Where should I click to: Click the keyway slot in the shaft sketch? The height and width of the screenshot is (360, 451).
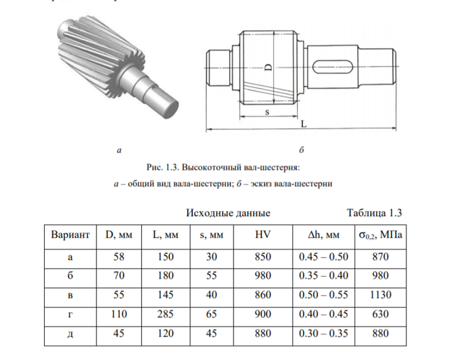332,67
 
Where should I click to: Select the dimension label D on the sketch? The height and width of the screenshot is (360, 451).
268,67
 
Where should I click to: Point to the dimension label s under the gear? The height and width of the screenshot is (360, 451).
267,112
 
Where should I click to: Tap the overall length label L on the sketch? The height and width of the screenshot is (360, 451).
303,124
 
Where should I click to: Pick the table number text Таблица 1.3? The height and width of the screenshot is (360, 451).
374,212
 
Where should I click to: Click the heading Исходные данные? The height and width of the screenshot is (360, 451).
228,213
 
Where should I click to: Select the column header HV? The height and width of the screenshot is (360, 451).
263,234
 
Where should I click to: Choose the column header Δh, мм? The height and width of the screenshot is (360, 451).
324,235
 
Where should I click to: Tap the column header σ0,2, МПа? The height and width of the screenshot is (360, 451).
380,235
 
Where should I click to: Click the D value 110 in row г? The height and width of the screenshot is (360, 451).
119,313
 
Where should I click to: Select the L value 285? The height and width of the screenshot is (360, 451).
166,313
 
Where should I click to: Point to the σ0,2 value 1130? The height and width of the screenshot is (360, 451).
380,295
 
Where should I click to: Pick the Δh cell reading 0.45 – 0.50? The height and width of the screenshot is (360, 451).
324,256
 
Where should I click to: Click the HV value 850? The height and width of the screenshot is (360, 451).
263,256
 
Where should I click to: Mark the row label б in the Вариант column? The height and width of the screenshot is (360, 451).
70,276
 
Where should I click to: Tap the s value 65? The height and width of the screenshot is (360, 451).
212,313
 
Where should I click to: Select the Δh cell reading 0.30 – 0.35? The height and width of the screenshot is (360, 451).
324,333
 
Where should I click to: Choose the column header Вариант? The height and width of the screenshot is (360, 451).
70,234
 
